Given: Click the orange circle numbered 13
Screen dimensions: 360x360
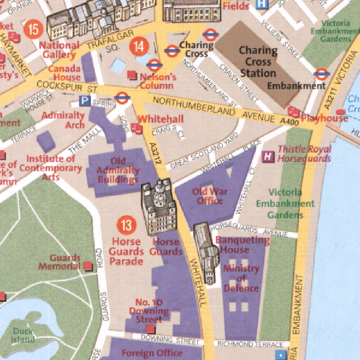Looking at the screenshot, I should click(126, 225).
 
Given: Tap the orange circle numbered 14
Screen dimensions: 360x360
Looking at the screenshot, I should click(139, 47).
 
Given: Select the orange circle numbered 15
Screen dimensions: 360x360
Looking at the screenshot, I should click(33, 30).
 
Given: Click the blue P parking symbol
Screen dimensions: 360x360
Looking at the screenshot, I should click(84, 101).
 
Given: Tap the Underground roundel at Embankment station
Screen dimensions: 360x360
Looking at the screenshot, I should click(321, 74).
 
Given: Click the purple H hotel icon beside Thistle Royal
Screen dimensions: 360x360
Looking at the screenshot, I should click(269, 156).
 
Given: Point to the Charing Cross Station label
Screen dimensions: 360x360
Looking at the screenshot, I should click(258, 62).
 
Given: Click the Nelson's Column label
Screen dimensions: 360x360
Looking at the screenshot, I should click(157, 81).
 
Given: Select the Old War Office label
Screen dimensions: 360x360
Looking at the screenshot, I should click(210, 196).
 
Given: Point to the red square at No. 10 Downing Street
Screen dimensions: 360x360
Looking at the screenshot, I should click(150, 329).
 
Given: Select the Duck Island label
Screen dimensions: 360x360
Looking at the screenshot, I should click(23, 335).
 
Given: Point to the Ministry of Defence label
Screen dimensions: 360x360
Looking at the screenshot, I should click(241, 278).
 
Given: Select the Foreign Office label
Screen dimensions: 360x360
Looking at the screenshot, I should click(152, 353).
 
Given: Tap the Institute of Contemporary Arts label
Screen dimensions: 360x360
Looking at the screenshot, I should click(51, 168).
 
